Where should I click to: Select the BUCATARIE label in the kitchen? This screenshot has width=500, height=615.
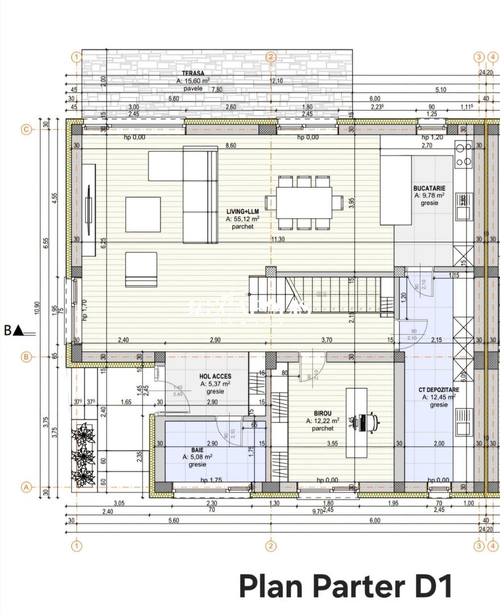tap(429, 188)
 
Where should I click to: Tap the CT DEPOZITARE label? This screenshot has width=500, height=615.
tap(439, 390)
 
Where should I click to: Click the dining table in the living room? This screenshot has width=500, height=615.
tap(304, 202)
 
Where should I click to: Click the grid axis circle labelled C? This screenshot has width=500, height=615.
tap(25, 129)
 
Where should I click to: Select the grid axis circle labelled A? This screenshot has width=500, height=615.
tap(25, 487)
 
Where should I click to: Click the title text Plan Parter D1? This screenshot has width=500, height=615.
tap(345, 587)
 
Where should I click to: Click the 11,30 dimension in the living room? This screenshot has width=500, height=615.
tap(278, 239)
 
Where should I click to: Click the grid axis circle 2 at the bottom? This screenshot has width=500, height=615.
tap(271, 546)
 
